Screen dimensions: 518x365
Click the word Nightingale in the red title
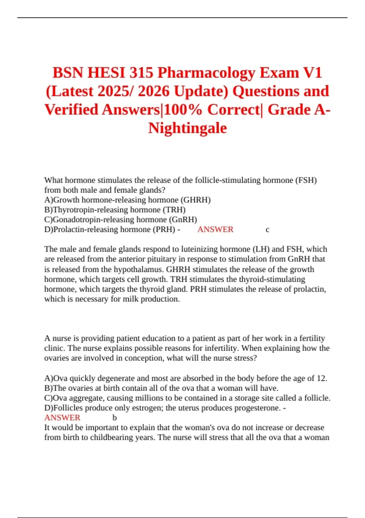[187, 128]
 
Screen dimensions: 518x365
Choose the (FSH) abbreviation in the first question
[306, 180]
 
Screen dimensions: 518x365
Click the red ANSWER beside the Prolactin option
[215, 229]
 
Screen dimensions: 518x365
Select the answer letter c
[267, 229]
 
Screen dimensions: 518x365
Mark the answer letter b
[115, 418]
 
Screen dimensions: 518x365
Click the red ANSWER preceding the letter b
[62, 418]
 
